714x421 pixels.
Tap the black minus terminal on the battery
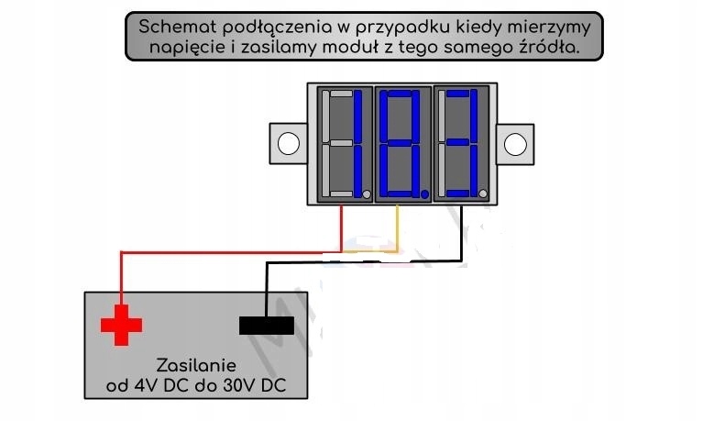click(267, 325)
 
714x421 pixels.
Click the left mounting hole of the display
click(288, 144)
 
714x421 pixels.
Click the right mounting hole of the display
click(517, 144)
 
